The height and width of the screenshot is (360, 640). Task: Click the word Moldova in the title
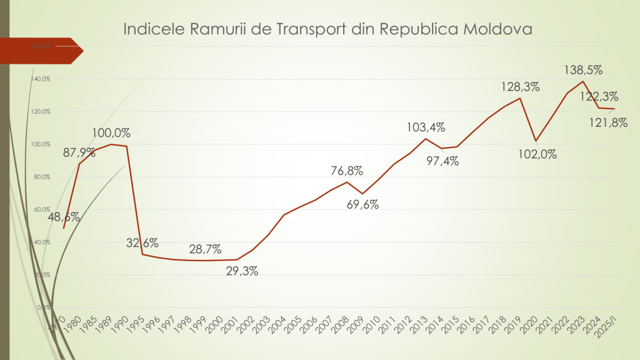496,29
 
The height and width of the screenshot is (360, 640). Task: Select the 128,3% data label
520,87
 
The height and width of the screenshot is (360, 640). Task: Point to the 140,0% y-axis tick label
42,79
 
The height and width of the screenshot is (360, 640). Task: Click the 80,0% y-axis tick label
42,177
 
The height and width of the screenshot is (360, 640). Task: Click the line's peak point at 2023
583,81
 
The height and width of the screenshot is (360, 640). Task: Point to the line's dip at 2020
536,141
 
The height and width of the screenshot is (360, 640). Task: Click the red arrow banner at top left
44,51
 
